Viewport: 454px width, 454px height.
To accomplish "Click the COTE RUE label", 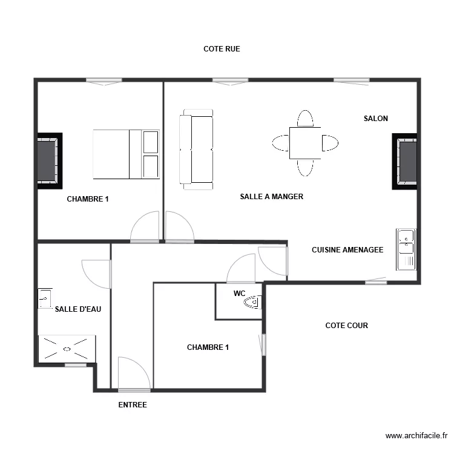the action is click(x=222, y=49).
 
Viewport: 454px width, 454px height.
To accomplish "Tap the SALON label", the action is click(x=376, y=119).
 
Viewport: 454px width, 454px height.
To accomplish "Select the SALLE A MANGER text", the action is click(x=272, y=197).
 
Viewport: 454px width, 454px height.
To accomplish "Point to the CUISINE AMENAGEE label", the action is click(x=347, y=250).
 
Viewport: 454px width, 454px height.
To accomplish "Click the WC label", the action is click(x=240, y=294).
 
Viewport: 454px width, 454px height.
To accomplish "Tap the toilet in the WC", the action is click(x=253, y=302).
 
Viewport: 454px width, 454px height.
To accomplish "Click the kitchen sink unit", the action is click(x=406, y=249).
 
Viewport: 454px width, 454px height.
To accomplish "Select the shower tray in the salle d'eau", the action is click(x=67, y=349).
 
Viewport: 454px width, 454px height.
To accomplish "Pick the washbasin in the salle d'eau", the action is click(x=45, y=298).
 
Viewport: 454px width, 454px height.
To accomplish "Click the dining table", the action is click(x=305, y=143).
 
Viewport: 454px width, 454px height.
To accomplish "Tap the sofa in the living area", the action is click(x=196, y=150).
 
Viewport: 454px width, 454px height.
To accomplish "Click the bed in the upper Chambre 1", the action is click(x=127, y=154).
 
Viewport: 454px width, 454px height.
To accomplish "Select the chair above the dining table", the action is click(x=305, y=118).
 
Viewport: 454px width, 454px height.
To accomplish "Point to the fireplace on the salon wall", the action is click(x=405, y=161).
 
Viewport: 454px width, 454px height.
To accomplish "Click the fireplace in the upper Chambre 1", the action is click(x=50, y=161).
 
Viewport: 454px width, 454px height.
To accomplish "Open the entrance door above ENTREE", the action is click(x=134, y=374).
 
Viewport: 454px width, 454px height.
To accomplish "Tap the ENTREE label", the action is click(x=133, y=405).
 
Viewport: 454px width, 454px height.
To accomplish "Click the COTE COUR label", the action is click(x=347, y=326).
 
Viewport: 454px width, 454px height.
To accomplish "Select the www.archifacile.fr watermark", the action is click(x=416, y=436).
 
